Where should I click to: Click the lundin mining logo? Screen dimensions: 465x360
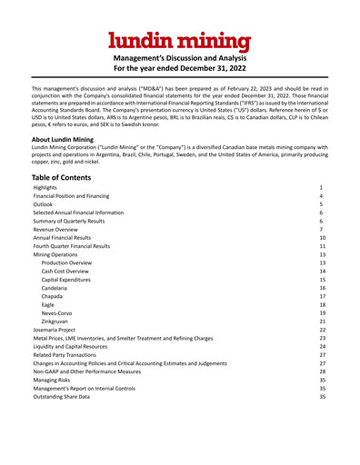point(180,40)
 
